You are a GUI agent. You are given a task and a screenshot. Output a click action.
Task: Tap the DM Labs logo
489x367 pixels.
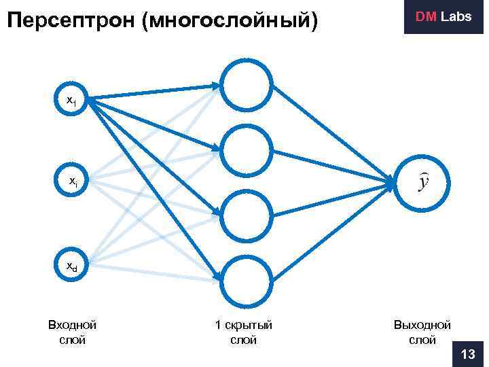pyautogui.click(x=443, y=17)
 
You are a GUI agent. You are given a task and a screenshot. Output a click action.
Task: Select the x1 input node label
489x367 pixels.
pyautogui.click(x=71, y=100)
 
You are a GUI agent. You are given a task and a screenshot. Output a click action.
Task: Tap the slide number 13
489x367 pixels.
pyautogui.click(x=468, y=354)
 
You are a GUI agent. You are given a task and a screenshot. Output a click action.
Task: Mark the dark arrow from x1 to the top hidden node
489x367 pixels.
pyautogui.click(x=153, y=92)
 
